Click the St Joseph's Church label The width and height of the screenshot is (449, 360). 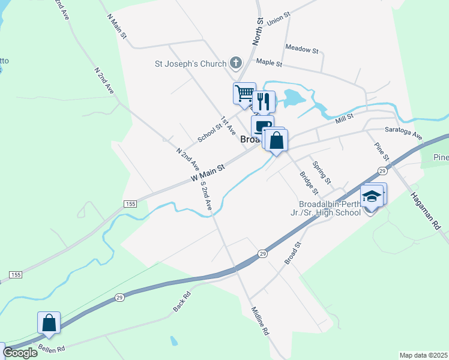(x=190, y=64)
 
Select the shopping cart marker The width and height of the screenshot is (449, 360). (x=244, y=94)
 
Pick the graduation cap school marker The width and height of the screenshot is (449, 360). (x=372, y=196)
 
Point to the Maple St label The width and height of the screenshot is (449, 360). (x=269, y=62)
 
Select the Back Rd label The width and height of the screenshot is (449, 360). (x=181, y=301)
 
